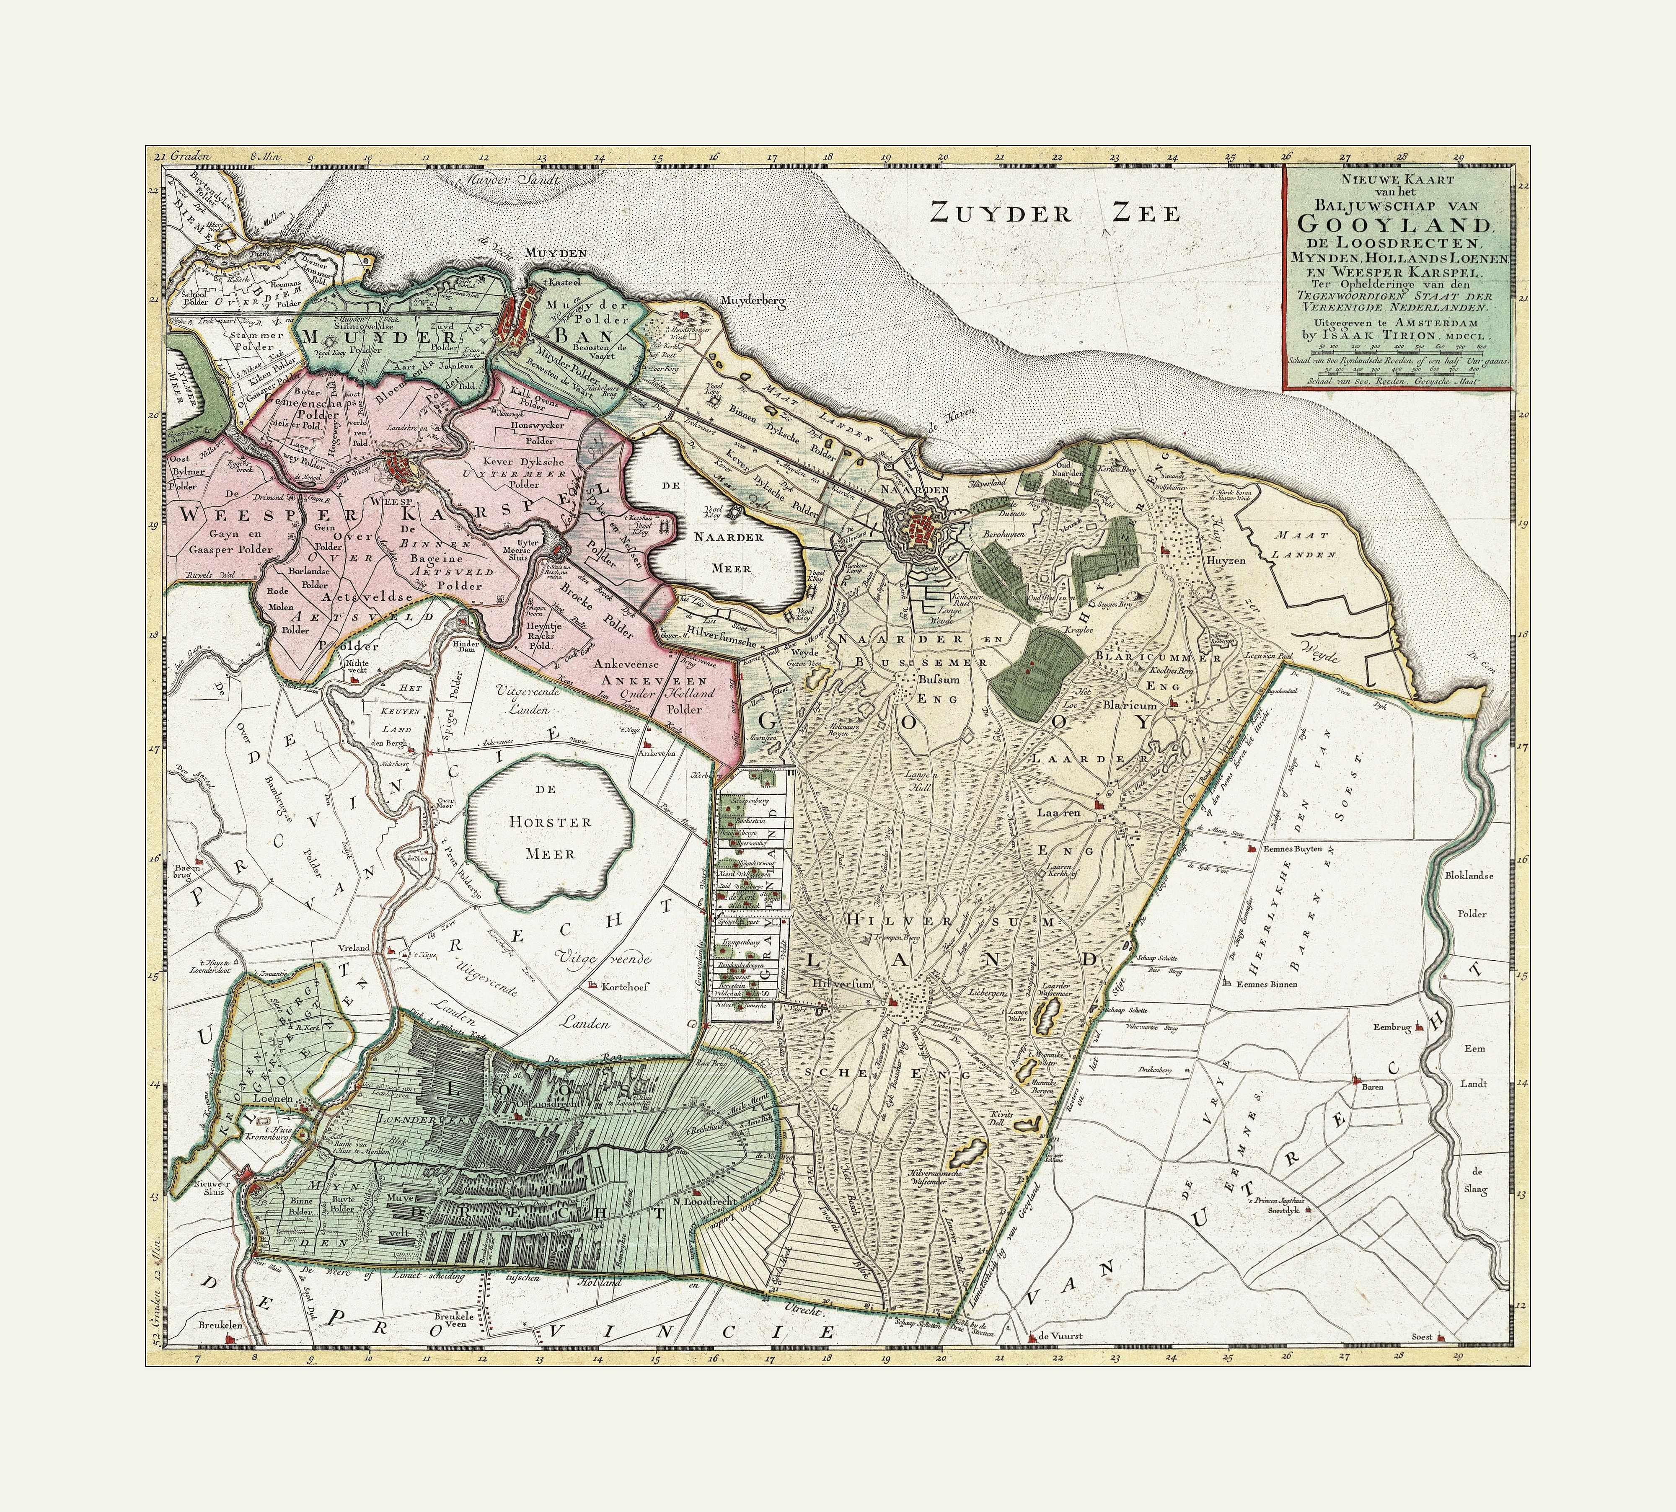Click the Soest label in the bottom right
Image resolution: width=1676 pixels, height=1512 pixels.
coord(1423,1338)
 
